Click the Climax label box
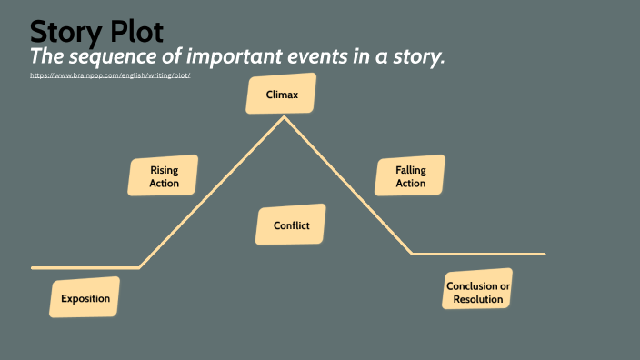click(x=281, y=95)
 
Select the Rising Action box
click(x=165, y=176)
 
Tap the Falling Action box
click(x=411, y=176)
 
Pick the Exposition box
click(x=85, y=298)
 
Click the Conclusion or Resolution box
click(x=477, y=292)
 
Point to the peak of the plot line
click(x=284, y=116)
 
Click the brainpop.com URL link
click(x=110, y=75)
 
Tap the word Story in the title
click(x=65, y=31)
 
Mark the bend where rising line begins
click(x=140, y=267)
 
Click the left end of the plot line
click(x=33, y=268)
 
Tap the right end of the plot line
click(x=545, y=254)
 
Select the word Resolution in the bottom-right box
click(x=477, y=299)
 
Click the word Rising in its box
click(x=165, y=170)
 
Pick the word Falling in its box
click(x=411, y=170)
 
